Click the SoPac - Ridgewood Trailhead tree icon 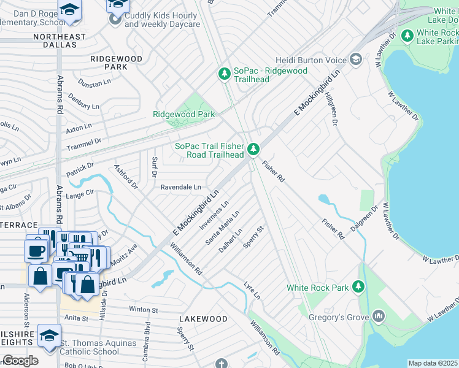click(x=225, y=75)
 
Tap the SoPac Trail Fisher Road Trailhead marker click(x=252, y=150)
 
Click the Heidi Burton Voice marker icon click(x=355, y=59)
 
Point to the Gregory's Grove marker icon click(x=378, y=316)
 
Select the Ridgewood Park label click(x=183, y=115)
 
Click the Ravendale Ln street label click(x=180, y=187)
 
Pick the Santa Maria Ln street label click(x=222, y=227)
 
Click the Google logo click(x=20, y=361)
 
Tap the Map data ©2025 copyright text click(x=433, y=363)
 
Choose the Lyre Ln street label click(x=252, y=291)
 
